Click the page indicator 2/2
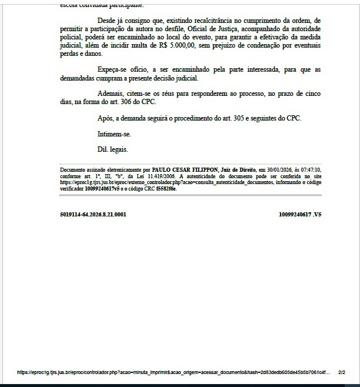click(342, 372)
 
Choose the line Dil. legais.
click(112, 149)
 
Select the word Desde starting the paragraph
click(107, 21)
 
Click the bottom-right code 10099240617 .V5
click(300, 215)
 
